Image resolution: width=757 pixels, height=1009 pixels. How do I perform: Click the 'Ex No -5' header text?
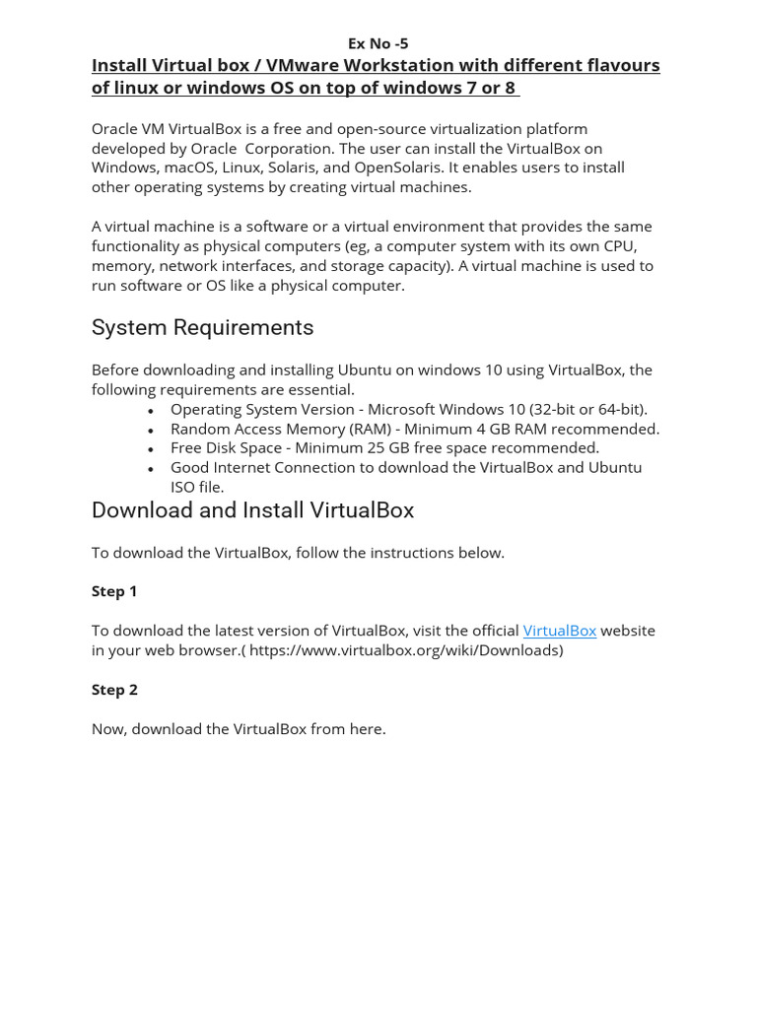[x=378, y=43]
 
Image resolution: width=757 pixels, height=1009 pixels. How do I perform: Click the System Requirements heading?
[x=202, y=327]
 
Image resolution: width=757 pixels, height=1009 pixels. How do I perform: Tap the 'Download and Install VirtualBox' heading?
[x=252, y=510]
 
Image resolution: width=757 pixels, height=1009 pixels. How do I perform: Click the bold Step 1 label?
[x=114, y=591]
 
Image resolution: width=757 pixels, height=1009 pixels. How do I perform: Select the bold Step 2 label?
[x=114, y=690]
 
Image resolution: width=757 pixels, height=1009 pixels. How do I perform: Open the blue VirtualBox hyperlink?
[x=559, y=631]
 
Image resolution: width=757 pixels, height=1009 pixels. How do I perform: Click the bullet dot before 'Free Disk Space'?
[x=151, y=449]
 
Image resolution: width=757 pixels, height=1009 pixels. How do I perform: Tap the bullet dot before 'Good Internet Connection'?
[x=151, y=469]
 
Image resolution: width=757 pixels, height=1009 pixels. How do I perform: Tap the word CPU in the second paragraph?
[x=620, y=246]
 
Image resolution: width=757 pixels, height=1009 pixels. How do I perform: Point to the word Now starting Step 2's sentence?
[x=108, y=729]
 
